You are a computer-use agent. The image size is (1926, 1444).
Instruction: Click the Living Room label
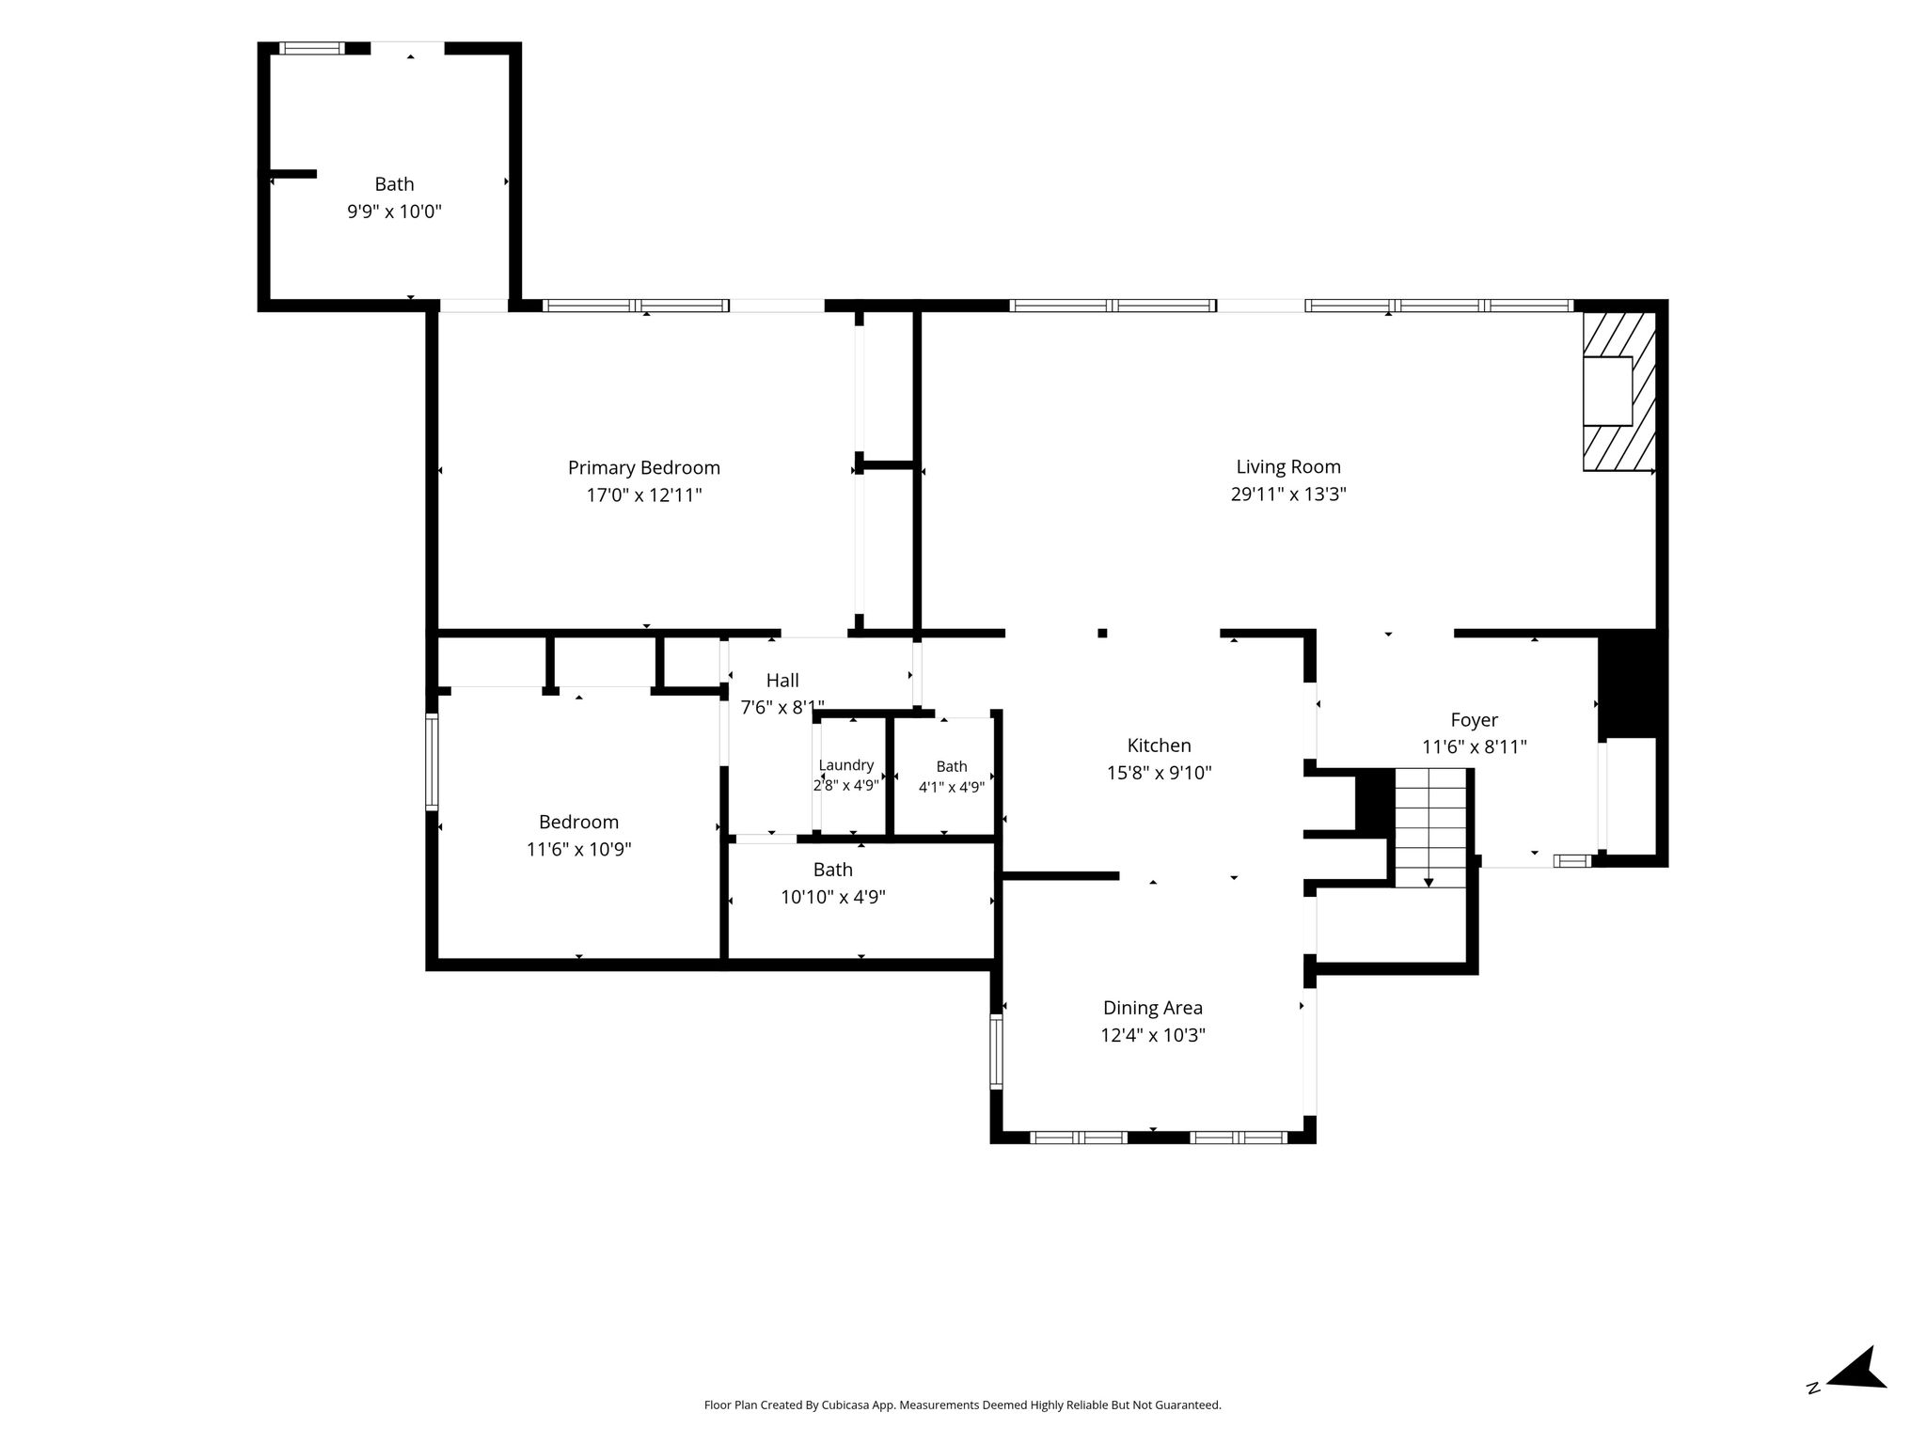coord(1288,467)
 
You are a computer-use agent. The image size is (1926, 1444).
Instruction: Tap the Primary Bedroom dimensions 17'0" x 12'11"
coord(644,495)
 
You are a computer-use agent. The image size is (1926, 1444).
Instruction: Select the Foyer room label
coord(1474,720)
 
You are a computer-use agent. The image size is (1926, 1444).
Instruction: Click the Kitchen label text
coord(1159,746)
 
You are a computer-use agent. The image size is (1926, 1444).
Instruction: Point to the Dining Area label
coord(1153,1008)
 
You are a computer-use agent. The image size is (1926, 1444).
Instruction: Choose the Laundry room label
coord(846,766)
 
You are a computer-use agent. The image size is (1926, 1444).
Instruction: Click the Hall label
coord(782,681)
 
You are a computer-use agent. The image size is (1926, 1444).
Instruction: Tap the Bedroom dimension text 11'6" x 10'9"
coord(578,850)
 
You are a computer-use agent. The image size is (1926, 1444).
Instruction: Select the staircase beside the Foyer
coord(1429,827)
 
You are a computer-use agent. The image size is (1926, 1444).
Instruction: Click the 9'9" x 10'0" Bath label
coord(394,184)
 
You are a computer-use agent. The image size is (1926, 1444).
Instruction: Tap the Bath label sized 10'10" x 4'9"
coord(833,870)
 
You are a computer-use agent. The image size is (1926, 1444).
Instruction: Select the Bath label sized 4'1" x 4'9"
coord(952,766)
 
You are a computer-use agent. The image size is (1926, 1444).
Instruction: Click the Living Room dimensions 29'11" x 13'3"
coord(1288,494)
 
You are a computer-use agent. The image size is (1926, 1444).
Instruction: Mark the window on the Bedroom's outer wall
coord(432,761)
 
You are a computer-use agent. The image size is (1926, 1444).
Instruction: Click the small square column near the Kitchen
coord(1102,633)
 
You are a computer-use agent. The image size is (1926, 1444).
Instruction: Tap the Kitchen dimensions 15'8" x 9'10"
coord(1159,774)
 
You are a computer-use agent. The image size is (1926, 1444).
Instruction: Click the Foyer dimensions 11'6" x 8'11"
coord(1474,747)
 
